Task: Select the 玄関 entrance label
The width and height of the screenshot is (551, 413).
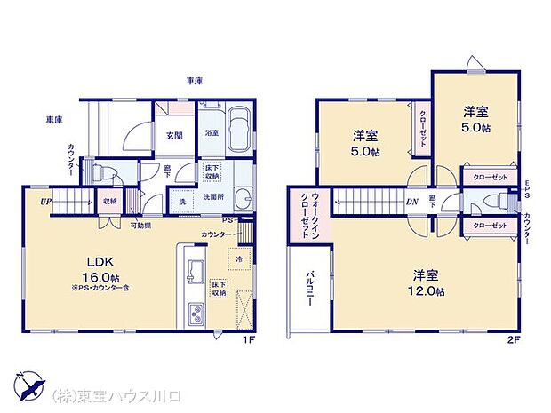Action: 174,136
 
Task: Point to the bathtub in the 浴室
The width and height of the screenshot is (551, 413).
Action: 238,121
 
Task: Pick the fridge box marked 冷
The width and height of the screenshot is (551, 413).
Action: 241,258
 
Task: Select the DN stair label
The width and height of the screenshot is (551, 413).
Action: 412,202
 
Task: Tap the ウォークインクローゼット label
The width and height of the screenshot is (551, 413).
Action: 309,217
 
